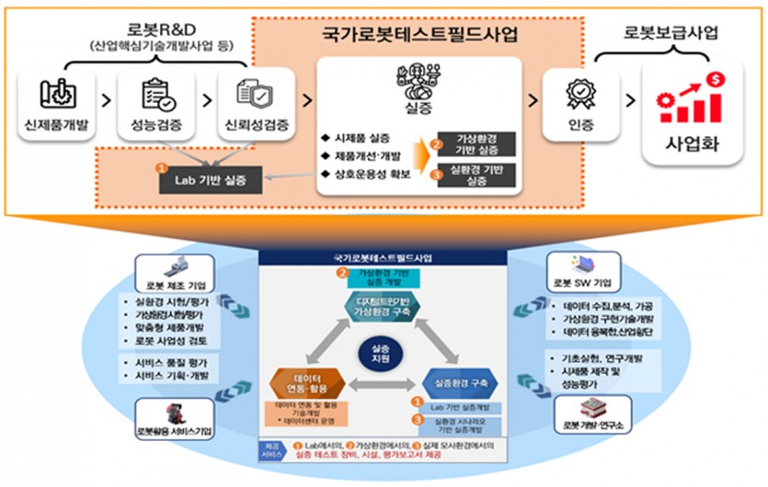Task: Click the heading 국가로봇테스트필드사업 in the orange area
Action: (420, 35)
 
